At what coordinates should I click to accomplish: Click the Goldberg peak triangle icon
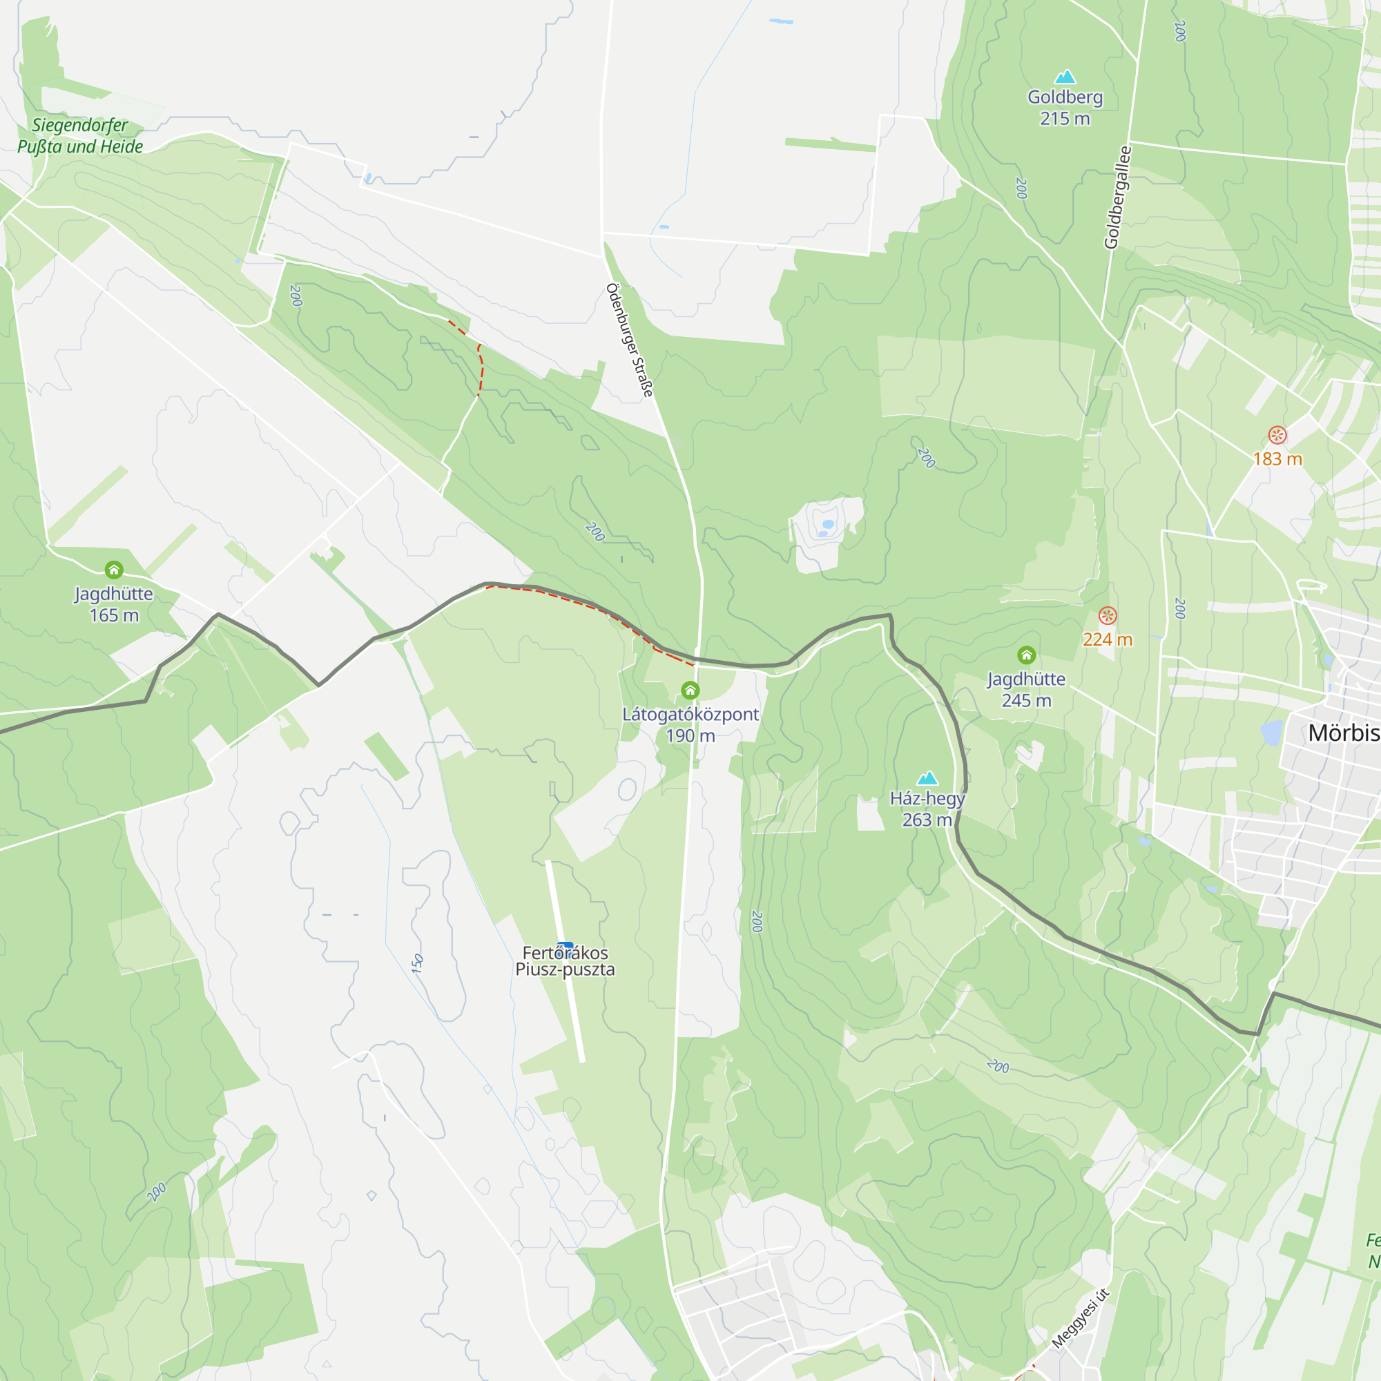tap(1065, 77)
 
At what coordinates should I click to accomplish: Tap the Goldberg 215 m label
tap(1065, 108)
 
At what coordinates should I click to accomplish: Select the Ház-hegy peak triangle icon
tap(927, 778)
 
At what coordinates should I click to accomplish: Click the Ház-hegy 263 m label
tap(927, 809)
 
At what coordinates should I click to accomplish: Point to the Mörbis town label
tap(1343, 733)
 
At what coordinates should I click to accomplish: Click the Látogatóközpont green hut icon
tap(690, 690)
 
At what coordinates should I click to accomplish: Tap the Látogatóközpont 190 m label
tap(690, 724)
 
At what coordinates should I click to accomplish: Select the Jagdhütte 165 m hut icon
tap(114, 570)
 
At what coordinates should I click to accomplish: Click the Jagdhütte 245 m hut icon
tap(1027, 655)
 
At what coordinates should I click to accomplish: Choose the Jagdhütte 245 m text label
tap(1027, 690)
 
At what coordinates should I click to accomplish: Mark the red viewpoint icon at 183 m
tap(1277, 434)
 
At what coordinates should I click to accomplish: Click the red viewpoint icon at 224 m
tap(1108, 615)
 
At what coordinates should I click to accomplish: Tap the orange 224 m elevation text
tap(1108, 640)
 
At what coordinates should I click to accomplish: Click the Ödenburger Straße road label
tap(630, 340)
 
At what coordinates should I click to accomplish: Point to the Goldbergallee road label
tap(1118, 197)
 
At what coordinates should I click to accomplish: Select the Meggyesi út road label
tap(1080, 1319)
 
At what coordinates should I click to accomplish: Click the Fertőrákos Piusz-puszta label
tap(565, 961)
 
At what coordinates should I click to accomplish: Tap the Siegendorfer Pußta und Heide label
tap(80, 136)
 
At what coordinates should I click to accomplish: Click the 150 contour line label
tap(418, 963)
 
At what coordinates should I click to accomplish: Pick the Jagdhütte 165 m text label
tap(114, 604)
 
